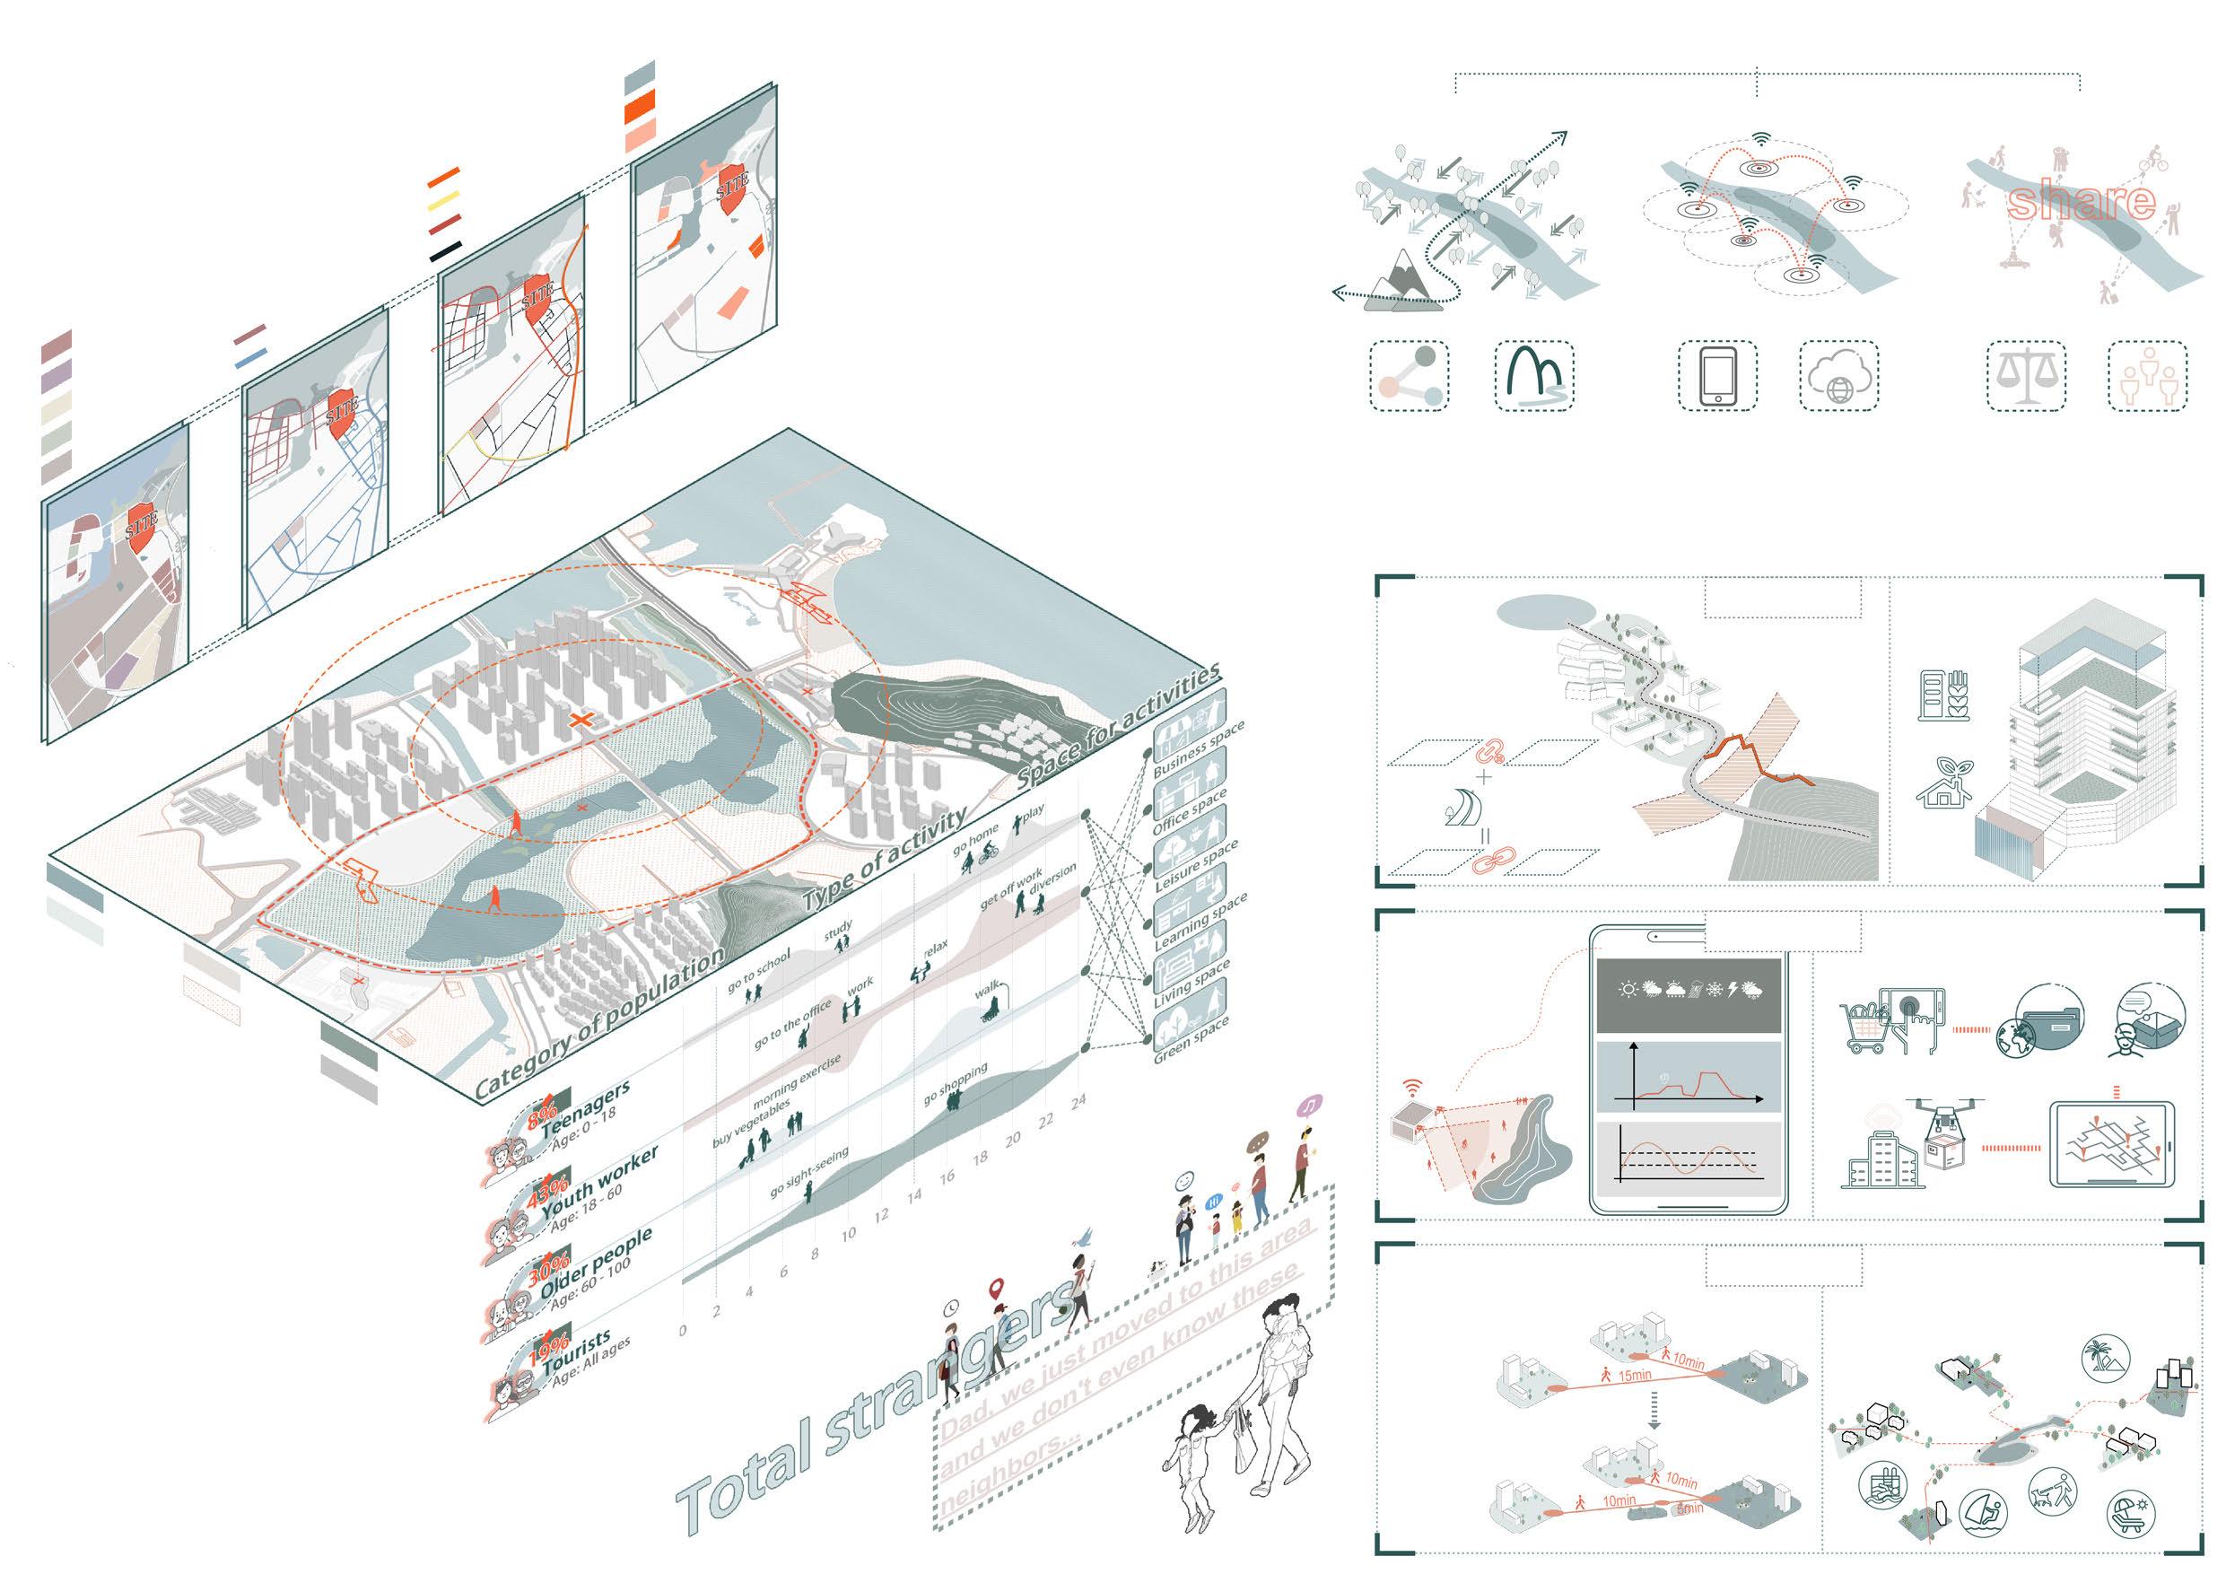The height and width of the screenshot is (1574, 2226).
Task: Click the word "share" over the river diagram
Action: pos(2082,202)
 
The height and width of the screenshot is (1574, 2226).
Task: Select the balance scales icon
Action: pos(2025,375)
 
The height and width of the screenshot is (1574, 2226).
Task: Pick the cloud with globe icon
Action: pos(1839,375)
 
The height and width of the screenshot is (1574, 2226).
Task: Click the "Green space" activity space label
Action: pos(1192,1040)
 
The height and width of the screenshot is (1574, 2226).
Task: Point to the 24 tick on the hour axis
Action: pos(1078,1101)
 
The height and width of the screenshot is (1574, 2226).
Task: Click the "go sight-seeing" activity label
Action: pos(809,1173)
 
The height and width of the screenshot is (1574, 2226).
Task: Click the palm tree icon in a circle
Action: pos(2106,1360)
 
